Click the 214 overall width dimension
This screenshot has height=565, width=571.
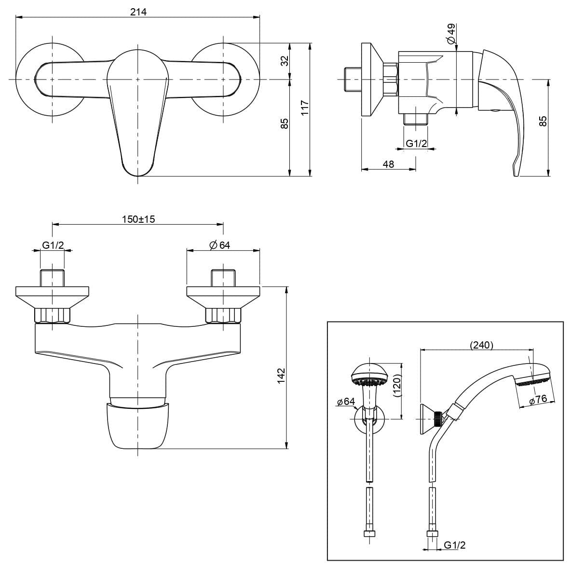coord(138,12)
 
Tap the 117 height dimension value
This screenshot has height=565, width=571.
coord(305,108)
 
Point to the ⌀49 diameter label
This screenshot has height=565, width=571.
coord(451,34)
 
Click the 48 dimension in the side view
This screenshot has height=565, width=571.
coord(389,164)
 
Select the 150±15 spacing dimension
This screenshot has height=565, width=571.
coord(138,219)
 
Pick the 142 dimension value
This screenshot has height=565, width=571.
coord(282,376)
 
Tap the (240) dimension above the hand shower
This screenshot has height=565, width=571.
coord(481,345)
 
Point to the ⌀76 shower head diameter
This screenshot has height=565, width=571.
coord(538,399)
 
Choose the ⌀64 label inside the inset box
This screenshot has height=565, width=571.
coord(346,402)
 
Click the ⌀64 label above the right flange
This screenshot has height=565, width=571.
coord(219,245)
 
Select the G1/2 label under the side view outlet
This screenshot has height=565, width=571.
coord(416,144)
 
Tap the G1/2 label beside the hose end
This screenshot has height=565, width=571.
coord(454,545)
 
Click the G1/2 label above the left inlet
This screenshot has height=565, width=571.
coord(53,245)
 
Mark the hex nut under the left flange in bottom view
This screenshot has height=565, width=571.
coord(53,315)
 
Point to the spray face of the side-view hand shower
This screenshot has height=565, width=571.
coord(533,382)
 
